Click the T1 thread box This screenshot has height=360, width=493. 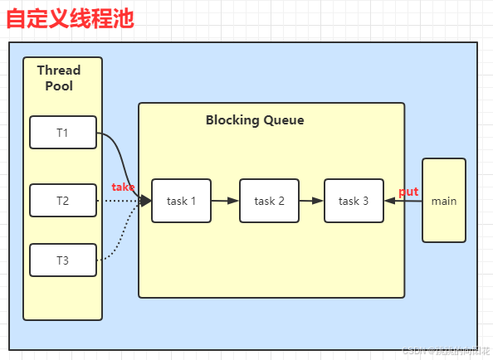click(63, 133)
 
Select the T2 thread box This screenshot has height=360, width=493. click(63, 201)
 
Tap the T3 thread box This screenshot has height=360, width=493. click(63, 260)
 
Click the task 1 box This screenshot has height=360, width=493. click(181, 201)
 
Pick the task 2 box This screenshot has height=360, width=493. click(269, 201)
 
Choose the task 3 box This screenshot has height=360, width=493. click(354, 201)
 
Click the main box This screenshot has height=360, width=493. click(444, 201)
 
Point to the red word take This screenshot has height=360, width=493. click(123, 187)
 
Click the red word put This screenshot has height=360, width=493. click(408, 192)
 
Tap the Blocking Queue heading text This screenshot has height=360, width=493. click(255, 120)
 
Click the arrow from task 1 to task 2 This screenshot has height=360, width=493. click(225, 201)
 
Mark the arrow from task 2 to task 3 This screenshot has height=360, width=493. click(311, 201)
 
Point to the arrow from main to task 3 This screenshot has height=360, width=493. click(404, 201)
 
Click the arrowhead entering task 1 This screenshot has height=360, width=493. click(146, 201)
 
